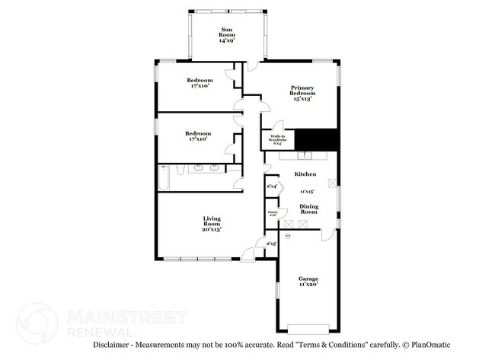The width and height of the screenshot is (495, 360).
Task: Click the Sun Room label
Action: (228, 34)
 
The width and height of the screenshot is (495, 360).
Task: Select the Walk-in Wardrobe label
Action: (278, 140)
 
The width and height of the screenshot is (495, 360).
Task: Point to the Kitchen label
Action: (305, 174)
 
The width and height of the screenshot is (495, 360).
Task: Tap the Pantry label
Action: (272, 214)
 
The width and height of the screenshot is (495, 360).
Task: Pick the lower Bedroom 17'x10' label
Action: (197, 135)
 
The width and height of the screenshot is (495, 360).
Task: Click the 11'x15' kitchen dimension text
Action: (307, 192)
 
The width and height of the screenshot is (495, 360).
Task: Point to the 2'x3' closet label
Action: (270, 244)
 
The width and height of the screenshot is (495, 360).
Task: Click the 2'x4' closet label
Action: (272, 186)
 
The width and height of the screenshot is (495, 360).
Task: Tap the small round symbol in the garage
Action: (288, 237)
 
